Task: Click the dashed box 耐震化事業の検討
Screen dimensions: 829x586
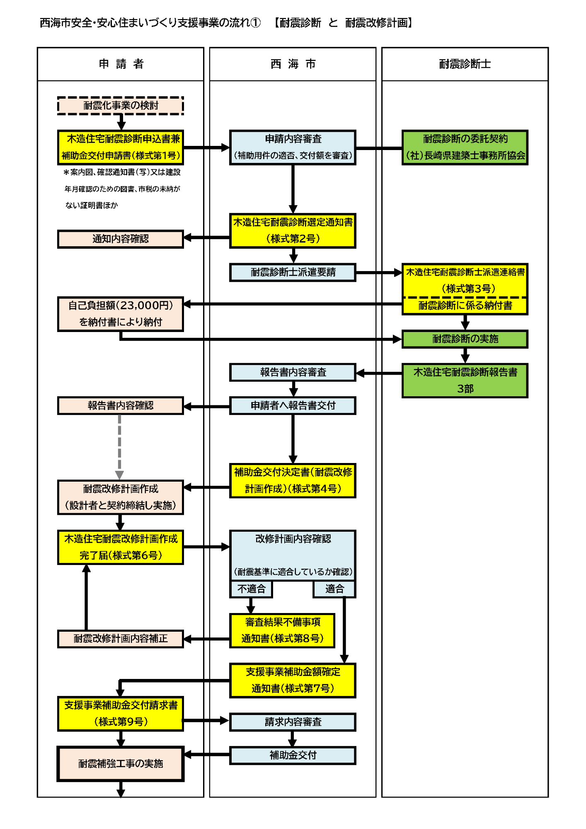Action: [120, 106]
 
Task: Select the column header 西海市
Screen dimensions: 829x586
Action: [293, 64]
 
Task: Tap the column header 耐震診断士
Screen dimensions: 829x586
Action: [465, 64]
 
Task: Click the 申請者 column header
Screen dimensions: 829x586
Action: [121, 64]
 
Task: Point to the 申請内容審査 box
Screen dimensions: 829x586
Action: [293, 147]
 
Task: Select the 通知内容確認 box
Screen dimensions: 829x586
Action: [120, 239]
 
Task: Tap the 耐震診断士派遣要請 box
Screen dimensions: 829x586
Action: [293, 272]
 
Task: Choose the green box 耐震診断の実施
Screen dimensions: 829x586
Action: [465, 339]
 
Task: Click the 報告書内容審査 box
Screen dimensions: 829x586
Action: [293, 372]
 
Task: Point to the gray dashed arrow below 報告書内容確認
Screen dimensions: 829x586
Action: [119, 446]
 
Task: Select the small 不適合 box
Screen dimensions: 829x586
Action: [251, 589]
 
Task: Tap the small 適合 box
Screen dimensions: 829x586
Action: [334, 589]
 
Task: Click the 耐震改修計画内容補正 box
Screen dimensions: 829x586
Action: [120, 638]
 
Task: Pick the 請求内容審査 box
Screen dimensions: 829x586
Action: [293, 722]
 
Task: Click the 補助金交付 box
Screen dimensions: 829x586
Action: [293, 755]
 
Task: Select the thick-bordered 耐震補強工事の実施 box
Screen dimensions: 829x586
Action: [120, 764]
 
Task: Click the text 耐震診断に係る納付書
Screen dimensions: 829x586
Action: [465, 306]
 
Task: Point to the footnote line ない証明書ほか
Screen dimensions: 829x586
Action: [92, 205]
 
